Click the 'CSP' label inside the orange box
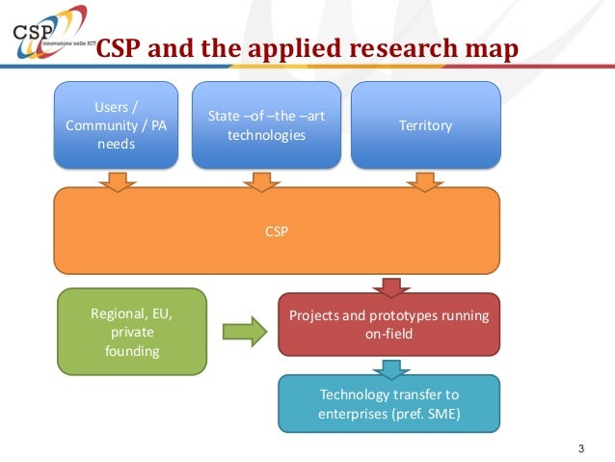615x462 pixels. pos(277,231)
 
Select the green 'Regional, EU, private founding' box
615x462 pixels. pos(131,332)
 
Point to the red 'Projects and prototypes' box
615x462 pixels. pos(389,326)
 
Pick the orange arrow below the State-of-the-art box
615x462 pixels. pos(261,180)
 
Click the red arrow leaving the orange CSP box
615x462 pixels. pos(390,286)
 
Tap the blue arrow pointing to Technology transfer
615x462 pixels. pos(389,367)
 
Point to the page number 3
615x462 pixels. pos(580,448)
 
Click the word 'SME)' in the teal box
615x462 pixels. pos(441,416)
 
